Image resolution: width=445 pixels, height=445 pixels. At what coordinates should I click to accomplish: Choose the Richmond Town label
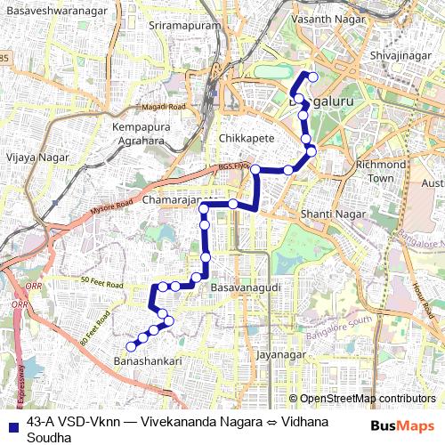pos(380,172)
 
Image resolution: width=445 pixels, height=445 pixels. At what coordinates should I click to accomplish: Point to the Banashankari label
pos(148,361)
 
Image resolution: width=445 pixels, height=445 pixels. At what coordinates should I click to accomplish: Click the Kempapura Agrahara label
pos(140,134)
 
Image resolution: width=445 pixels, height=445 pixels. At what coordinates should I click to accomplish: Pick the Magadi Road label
pos(164,107)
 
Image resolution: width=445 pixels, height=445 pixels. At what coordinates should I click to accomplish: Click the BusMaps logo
pos(402,425)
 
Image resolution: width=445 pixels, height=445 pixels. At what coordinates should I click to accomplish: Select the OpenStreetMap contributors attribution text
pos(367,399)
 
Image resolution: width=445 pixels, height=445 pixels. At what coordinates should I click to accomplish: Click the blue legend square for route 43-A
pos(12,425)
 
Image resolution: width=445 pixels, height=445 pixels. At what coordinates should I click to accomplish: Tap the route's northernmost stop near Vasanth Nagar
pos(312,77)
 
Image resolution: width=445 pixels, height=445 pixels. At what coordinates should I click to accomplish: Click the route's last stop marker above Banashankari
pos(131,346)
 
